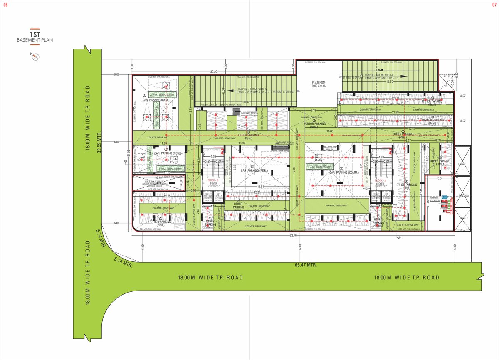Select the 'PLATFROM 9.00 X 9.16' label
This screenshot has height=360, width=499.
pos(319,85)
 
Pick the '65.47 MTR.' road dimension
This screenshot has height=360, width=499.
pos(306,265)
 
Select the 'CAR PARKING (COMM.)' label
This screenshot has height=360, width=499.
pos(343,172)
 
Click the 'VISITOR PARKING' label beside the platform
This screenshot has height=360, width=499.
pos(315,124)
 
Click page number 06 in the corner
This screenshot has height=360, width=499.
pos(5,5)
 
